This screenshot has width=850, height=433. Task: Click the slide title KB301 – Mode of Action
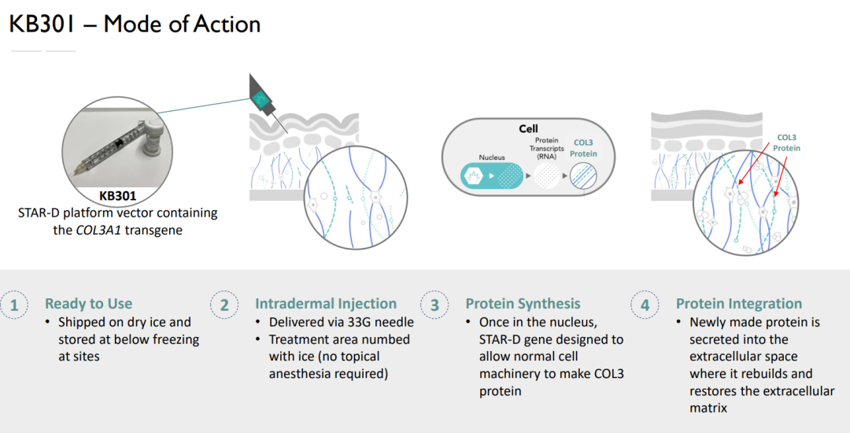(x=135, y=24)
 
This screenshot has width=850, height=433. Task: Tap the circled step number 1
(x=14, y=305)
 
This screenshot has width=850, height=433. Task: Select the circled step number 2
(x=224, y=305)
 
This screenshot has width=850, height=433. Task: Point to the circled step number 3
(x=434, y=305)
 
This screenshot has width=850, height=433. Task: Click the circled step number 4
(x=645, y=305)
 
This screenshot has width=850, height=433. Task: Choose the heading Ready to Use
(x=88, y=304)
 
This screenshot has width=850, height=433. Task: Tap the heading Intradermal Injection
(x=326, y=304)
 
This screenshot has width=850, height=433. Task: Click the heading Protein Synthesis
(x=523, y=304)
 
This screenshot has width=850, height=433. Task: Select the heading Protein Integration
(x=739, y=304)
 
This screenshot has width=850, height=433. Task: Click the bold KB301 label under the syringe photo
(x=117, y=196)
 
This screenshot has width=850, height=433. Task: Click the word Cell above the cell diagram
(x=528, y=128)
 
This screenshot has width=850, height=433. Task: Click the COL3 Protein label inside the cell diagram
(x=583, y=149)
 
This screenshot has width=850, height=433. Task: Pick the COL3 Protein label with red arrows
(x=786, y=142)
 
